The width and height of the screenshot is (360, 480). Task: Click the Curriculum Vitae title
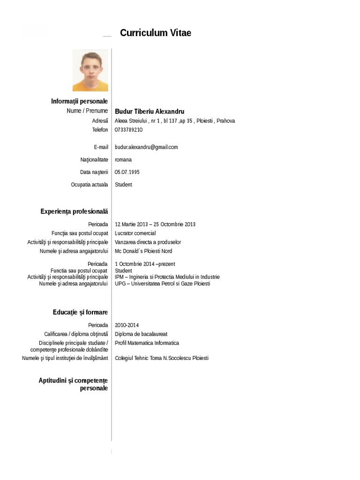click(x=156, y=33)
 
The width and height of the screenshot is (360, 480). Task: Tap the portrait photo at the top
click(x=90, y=70)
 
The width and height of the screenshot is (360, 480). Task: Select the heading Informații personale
click(x=80, y=101)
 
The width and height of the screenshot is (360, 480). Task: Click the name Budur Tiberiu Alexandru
click(x=150, y=112)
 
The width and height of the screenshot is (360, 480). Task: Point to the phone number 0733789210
click(x=129, y=129)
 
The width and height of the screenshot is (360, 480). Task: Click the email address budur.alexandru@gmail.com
click(x=146, y=147)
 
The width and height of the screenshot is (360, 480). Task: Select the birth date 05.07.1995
click(x=127, y=172)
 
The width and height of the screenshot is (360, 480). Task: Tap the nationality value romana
click(x=123, y=160)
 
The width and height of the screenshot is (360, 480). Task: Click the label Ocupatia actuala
click(x=90, y=185)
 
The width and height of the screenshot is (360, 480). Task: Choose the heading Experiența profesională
click(x=74, y=212)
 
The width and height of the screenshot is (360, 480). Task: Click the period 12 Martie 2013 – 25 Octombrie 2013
click(x=155, y=224)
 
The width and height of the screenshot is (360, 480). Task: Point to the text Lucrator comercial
click(x=135, y=233)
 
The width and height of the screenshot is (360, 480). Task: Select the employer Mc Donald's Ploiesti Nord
click(x=143, y=251)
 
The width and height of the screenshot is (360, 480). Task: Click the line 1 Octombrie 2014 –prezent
click(x=145, y=264)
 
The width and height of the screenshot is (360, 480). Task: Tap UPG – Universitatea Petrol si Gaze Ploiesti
click(x=163, y=284)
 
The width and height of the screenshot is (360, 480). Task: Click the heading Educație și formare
click(x=80, y=312)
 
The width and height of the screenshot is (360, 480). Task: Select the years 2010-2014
click(x=127, y=325)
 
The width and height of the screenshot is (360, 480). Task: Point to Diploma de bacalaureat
click(x=141, y=334)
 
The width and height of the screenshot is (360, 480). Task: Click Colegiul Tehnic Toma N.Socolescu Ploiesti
click(x=162, y=358)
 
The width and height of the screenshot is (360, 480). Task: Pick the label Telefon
click(x=100, y=129)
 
